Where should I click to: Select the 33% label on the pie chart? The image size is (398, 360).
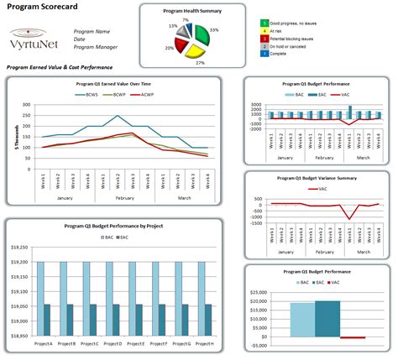click(213, 30)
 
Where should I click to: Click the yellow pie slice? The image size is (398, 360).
click(196, 51)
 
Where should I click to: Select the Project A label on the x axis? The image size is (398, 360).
click(42, 344)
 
